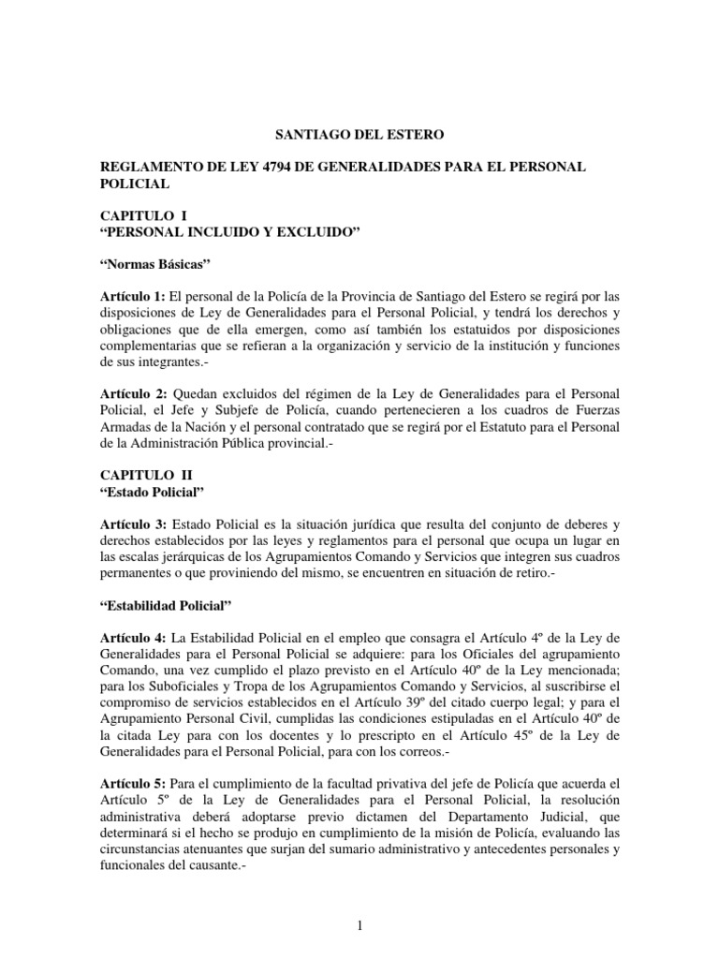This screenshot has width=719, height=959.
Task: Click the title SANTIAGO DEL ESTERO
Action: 359,136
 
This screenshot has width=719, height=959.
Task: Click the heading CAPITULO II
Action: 146,476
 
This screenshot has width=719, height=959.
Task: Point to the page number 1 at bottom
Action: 359,927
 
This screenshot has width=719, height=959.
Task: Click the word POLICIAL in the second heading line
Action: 133,184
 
